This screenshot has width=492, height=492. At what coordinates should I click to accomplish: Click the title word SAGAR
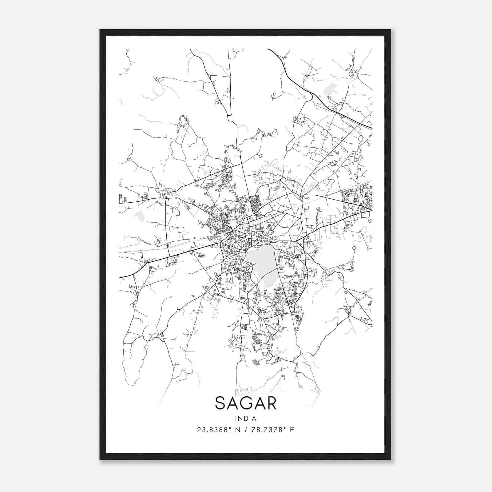pos(246,403)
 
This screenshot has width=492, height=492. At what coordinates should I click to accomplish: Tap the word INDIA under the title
pos(246,419)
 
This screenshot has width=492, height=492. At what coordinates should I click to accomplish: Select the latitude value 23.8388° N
pos(219,430)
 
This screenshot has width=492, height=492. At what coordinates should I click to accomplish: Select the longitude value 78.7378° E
pos(272,430)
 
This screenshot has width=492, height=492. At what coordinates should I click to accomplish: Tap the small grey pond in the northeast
pos(330,89)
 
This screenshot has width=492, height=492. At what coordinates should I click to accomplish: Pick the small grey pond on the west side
pos(140,216)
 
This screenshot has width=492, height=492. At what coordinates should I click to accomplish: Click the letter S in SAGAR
pos(220,403)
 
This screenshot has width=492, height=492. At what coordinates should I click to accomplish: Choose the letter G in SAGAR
pos(246,403)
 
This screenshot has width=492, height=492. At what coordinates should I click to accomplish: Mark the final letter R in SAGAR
pos(271,403)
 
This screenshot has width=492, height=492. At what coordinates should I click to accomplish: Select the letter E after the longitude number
pos(292,430)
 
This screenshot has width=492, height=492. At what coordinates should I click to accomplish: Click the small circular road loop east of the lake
pos(354,248)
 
